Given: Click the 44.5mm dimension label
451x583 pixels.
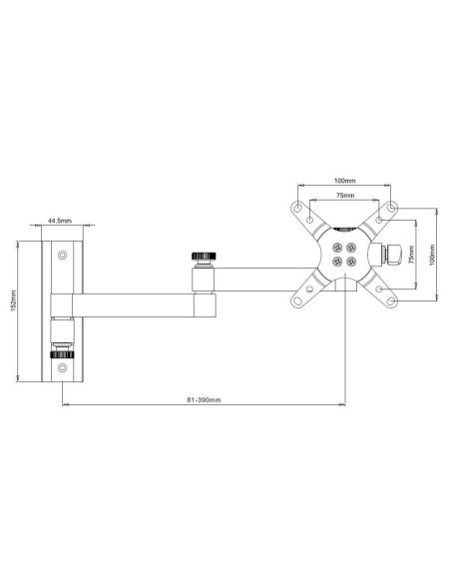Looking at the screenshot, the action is tap(60, 221).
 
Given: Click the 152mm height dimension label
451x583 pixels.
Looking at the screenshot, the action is tap(14, 300).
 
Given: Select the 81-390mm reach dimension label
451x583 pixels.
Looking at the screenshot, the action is tap(204, 399).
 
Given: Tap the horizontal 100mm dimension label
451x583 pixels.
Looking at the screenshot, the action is tap(345, 181).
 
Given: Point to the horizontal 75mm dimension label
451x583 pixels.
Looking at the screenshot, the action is tap(345, 195).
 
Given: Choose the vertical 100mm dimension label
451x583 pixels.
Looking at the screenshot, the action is tap(432, 255).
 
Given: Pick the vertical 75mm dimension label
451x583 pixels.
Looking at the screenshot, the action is tap(411, 255).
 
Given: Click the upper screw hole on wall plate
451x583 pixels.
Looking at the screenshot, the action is tap(63, 256).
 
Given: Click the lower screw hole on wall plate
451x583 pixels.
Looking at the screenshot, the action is tap(63, 368).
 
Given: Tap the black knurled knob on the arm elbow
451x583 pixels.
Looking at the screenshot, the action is tap(204, 256).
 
